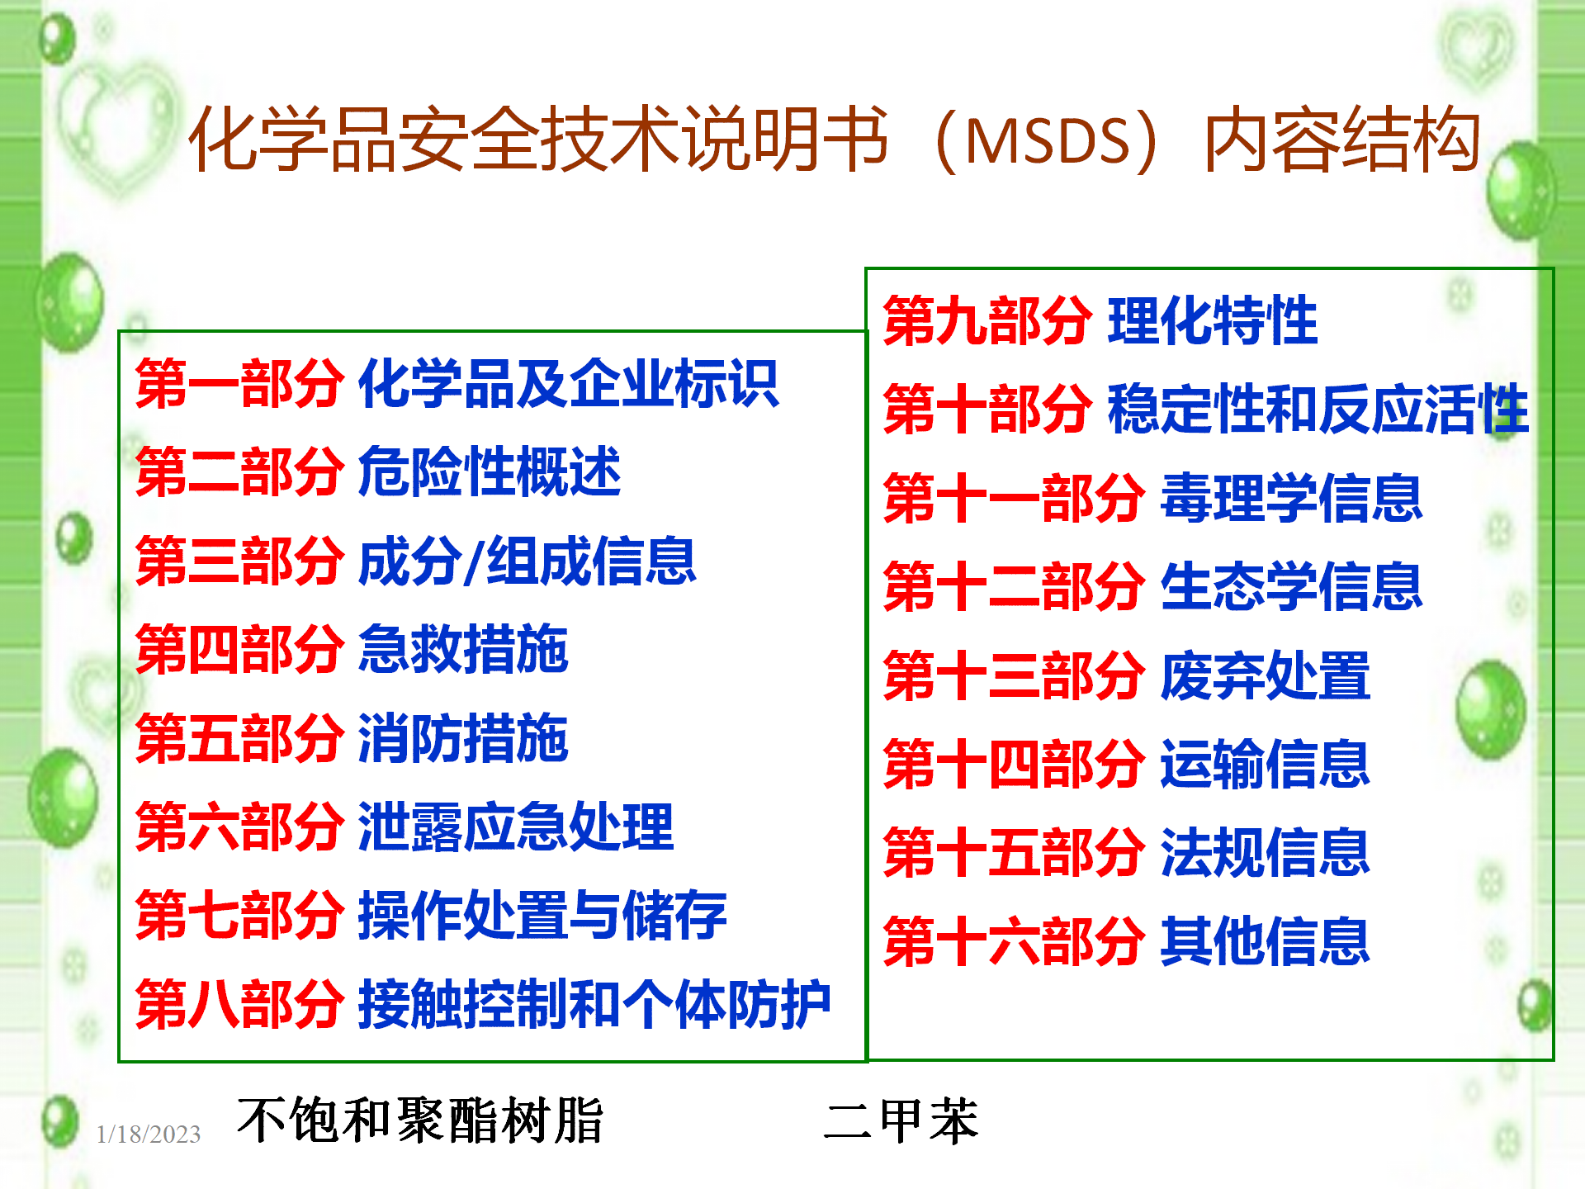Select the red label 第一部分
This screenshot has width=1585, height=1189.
pyautogui.click(x=239, y=384)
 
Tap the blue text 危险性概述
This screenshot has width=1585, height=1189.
pyautogui.click(x=490, y=472)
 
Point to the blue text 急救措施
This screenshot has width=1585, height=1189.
pyautogui.click(x=463, y=650)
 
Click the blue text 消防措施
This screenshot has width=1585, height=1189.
pyautogui.click(x=463, y=738)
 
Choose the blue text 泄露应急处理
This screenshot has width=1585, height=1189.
pyautogui.click(x=516, y=827)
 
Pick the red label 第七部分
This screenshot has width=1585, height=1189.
pyautogui.click(x=239, y=916)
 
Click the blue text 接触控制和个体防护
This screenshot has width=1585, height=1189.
pyautogui.click(x=594, y=1005)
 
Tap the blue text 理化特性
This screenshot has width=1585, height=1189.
pyautogui.click(x=1213, y=320)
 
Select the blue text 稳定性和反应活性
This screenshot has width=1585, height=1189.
pyautogui.click(x=1318, y=409)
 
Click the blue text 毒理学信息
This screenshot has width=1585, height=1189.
pyautogui.click(x=1292, y=498)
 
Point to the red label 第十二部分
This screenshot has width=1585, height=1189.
pyautogui.click(x=1015, y=587)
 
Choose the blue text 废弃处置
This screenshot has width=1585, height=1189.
pyautogui.click(x=1266, y=675)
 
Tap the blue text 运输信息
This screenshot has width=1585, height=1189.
pyautogui.click(x=1266, y=765)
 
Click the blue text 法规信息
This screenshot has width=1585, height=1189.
pyautogui.click(x=1266, y=853)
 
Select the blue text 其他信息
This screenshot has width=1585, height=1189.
pyautogui.click(x=1266, y=941)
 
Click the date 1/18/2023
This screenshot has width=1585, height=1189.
pyautogui.click(x=149, y=1135)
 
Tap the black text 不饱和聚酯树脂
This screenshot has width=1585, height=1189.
pyautogui.click(x=420, y=1121)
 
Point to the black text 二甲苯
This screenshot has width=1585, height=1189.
pyautogui.click(x=901, y=1121)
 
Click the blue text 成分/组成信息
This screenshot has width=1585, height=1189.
pyautogui.click(x=528, y=561)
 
